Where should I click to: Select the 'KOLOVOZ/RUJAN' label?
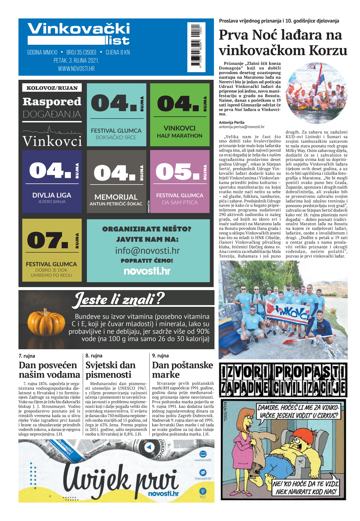coord(52,88)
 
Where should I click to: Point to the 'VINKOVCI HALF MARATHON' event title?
coord(179,132)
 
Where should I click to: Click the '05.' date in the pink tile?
coord(177,171)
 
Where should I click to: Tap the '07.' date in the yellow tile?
coord(47,240)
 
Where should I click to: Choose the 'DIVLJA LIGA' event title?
coord(52,195)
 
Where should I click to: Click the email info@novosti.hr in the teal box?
coord(147,250)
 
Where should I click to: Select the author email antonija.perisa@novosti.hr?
coord(241,127)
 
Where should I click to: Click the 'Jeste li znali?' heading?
coord(119,300)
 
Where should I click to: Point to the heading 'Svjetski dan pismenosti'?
coord(110,370)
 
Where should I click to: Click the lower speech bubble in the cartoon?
coord(306,488)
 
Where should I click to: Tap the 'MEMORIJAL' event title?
coord(116,197)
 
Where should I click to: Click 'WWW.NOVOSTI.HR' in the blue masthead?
coord(76,69)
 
